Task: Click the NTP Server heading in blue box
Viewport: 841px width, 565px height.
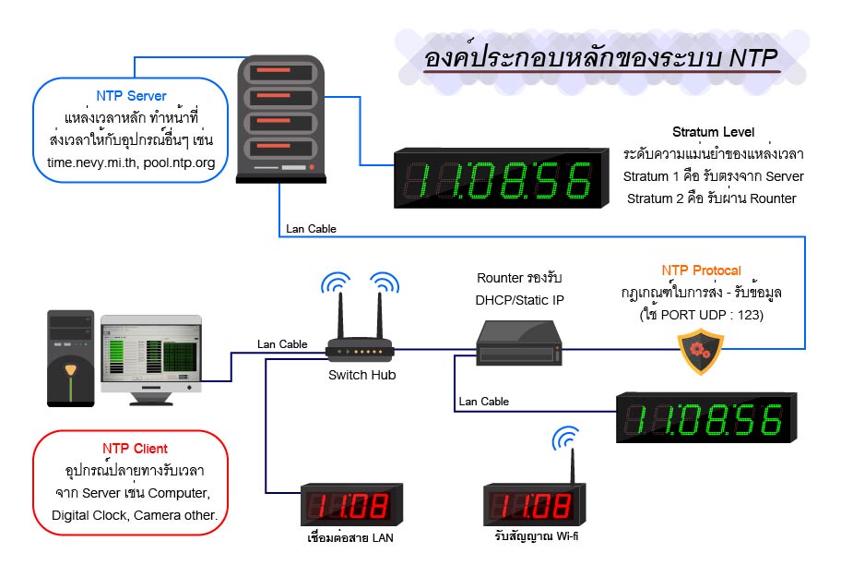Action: (131, 96)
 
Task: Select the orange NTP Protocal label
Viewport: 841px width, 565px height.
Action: (701, 270)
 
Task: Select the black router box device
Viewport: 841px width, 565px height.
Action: (519, 342)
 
